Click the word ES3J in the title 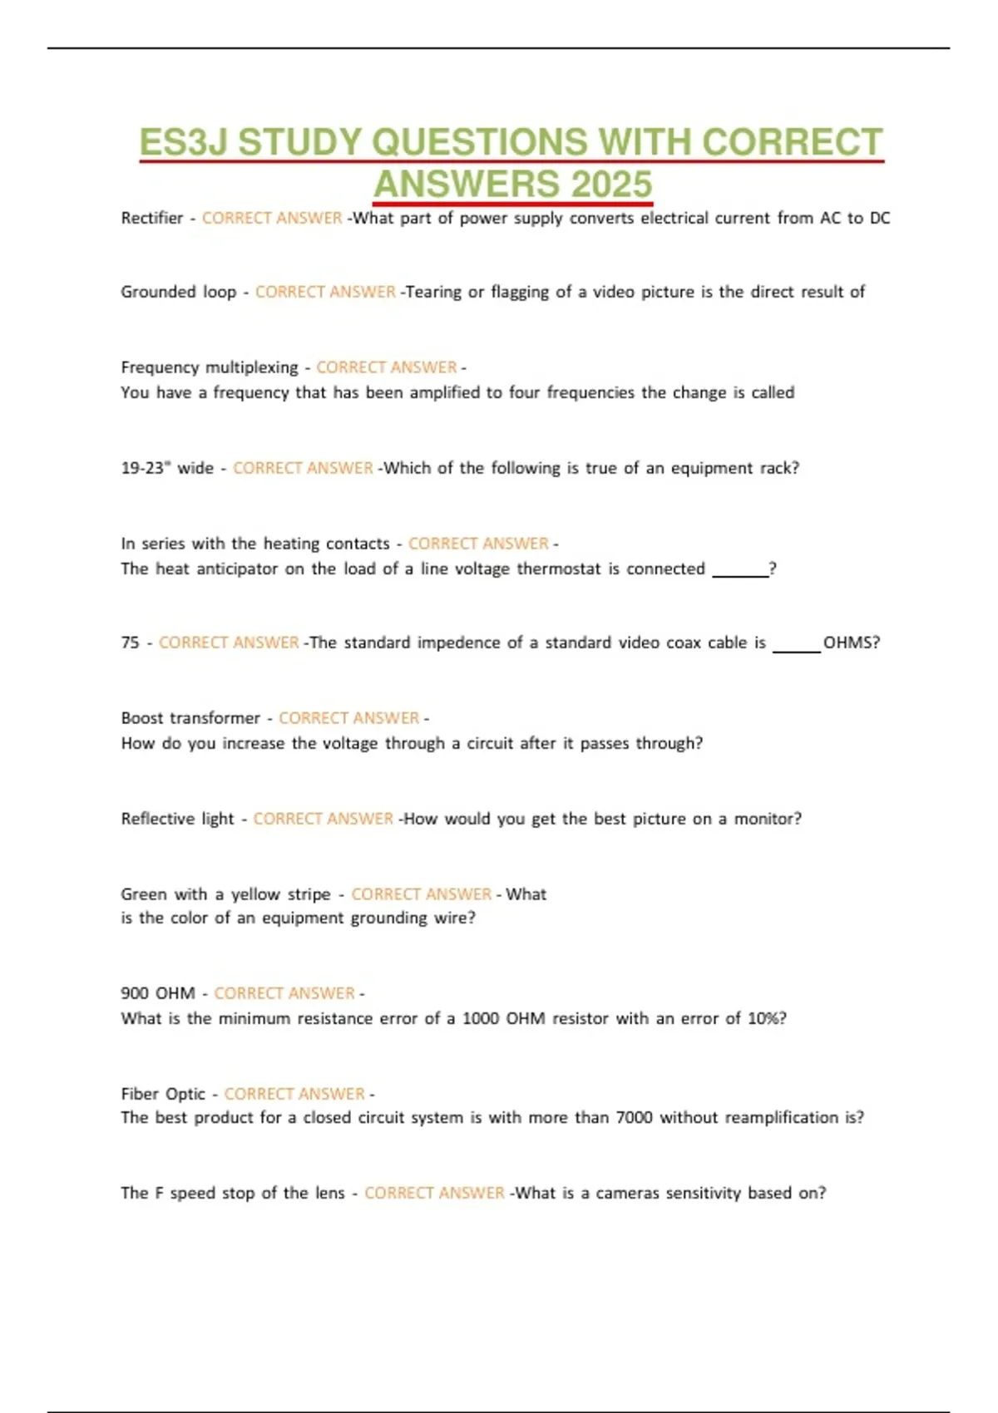(184, 142)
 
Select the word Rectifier (151, 218)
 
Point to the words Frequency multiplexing (209, 367)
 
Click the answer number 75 (130, 642)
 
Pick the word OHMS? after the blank (851, 642)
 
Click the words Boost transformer (190, 718)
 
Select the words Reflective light (177, 819)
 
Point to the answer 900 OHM (157, 993)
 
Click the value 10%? (767, 1018)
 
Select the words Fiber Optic (162, 1094)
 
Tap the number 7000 (634, 1118)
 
